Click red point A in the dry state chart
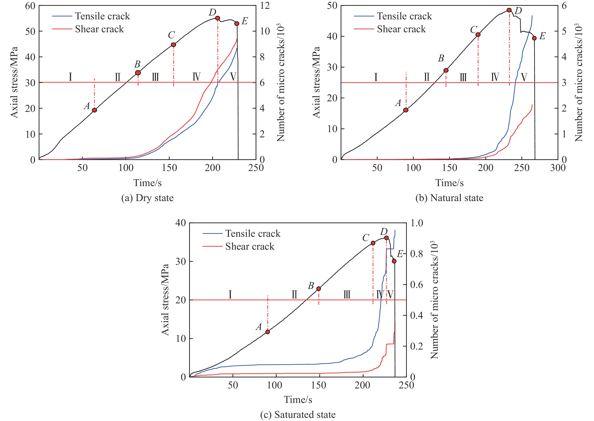(x=94, y=110)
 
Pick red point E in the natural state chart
(x=534, y=38)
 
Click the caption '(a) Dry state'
(x=148, y=198)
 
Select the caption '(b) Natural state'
(x=449, y=198)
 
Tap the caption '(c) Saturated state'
(x=298, y=415)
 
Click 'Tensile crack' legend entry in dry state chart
(x=102, y=16)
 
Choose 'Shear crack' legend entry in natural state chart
(x=401, y=29)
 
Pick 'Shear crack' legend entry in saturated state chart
(x=250, y=246)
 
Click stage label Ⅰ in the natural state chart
(x=376, y=77)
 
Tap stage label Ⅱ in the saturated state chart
(x=294, y=295)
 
